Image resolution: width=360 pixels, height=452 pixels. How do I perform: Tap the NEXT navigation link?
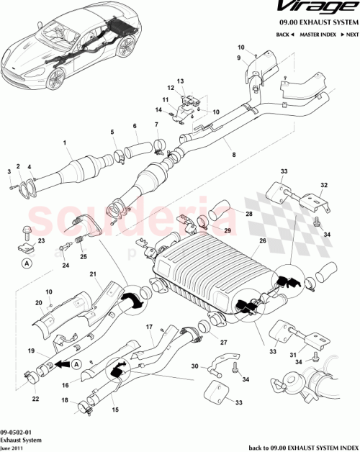350,35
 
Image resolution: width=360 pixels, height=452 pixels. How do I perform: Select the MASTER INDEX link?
317,35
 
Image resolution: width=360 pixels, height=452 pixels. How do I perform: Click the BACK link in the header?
284,35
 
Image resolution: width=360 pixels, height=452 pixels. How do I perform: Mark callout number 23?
41,240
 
